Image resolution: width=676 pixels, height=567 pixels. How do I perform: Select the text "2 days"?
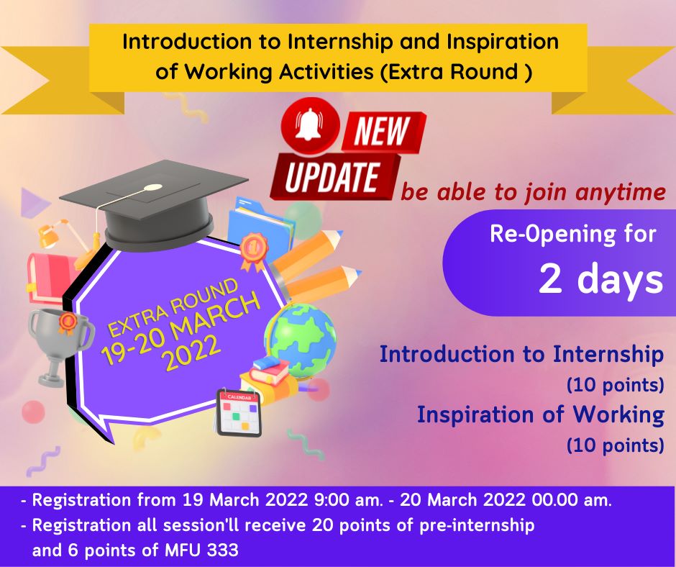click(600, 280)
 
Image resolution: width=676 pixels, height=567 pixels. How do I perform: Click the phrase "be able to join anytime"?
click(533, 192)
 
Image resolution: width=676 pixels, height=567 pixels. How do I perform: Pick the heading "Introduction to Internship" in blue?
click(521, 354)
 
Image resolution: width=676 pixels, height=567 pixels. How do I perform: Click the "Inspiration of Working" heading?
click(540, 414)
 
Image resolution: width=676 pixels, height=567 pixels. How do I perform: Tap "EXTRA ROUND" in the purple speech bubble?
click(173, 309)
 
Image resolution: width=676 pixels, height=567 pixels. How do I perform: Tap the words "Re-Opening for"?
click(572, 235)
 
